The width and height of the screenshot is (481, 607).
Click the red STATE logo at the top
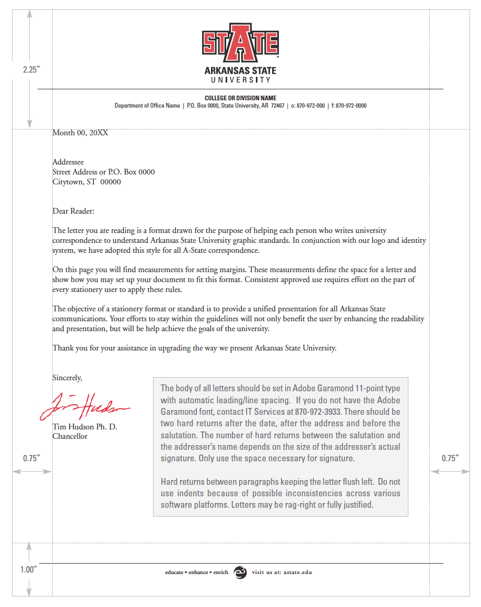pos(240,42)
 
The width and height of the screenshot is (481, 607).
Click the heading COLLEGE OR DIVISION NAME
pos(240,98)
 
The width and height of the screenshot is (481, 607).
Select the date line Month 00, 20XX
pos(80,133)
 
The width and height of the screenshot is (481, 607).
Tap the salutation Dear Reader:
pos(73,211)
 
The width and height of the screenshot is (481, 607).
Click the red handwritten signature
pos(84,405)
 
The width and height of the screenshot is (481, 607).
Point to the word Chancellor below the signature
pos(70,436)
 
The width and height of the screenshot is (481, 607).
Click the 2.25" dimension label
pos(31,69)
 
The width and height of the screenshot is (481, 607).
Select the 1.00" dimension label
pos(29,569)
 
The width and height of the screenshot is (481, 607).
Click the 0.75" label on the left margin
pos(31,458)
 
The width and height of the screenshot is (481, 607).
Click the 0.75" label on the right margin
pos(450,458)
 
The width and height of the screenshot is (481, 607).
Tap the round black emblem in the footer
pos(240,573)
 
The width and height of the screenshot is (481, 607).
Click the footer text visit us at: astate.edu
pos(281,573)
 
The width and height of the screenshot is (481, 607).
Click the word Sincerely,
pos(67,377)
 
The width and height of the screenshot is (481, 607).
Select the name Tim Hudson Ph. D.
pos(85,427)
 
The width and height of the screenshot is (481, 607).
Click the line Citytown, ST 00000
pos(87,182)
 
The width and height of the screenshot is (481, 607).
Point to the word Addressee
pos(68,162)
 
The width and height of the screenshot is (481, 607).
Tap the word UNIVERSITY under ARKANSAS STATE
pos(240,80)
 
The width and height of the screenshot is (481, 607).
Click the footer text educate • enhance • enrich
pos(197,573)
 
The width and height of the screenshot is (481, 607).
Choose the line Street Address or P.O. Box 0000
pos(103,172)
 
